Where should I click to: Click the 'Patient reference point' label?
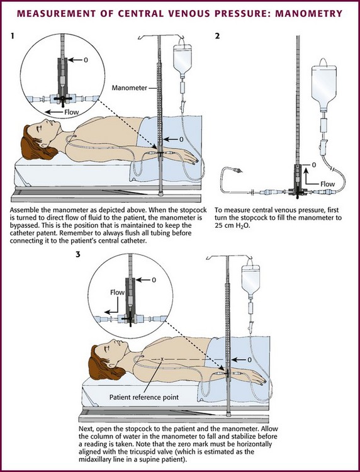coord(144,397)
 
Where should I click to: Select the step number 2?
coord(217,36)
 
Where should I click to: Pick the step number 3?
coord(78,254)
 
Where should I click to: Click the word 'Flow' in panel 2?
coord(327,184)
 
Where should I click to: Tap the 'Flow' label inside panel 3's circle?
coord(117,292)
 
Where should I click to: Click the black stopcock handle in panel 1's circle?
coord(63,99)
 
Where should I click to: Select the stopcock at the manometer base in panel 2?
coord(298,191)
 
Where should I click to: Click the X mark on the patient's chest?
coord(162,359)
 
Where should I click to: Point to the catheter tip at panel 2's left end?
coord(238,171)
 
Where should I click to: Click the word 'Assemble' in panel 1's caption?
coord(23,210)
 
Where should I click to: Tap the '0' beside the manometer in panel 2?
coord(314,165)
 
